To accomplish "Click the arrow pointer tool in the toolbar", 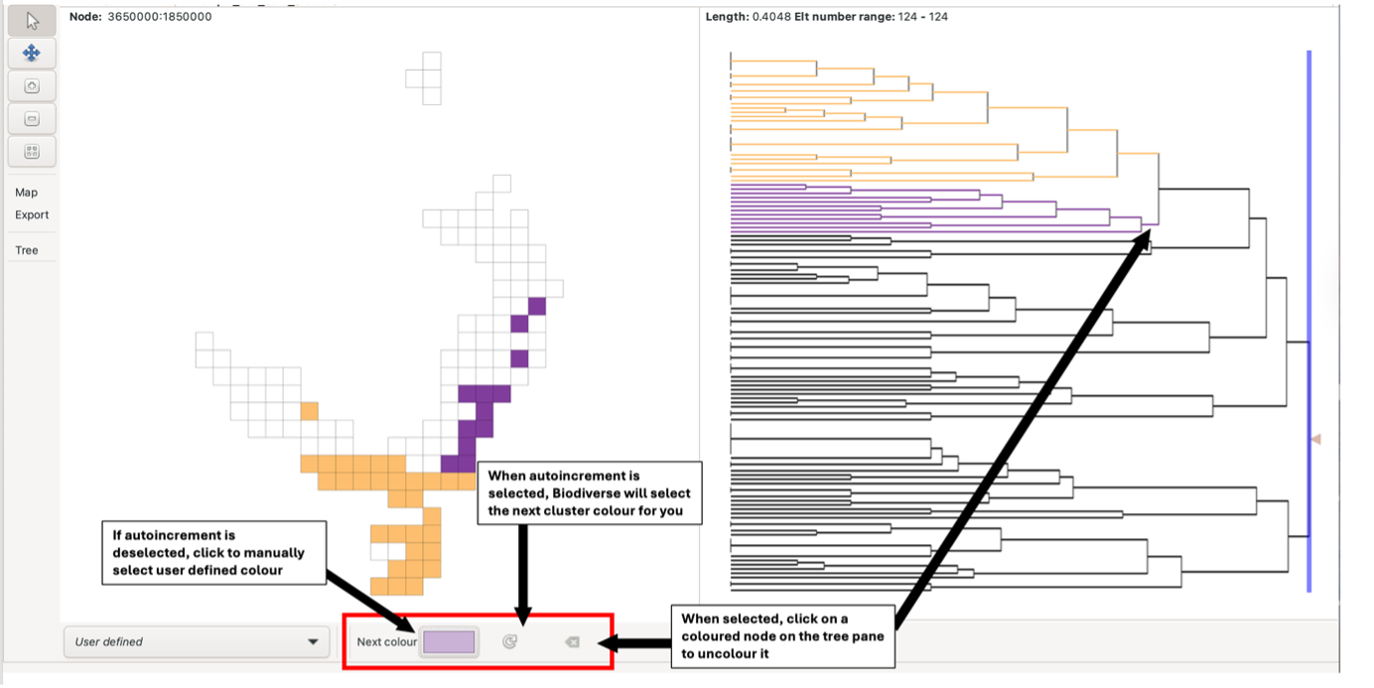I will click(32, 21).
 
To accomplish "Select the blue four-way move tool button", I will click(32, 53).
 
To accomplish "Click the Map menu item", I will click(27, 193).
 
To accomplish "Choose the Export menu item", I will click(32, 214).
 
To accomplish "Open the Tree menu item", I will click(27, 250).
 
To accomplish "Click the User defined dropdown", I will click(197, 641).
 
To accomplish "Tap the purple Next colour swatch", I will click(449, 641).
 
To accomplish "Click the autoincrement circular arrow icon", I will click(510, 642).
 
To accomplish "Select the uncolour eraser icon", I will click(572, 642).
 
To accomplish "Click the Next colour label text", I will click(386, 642).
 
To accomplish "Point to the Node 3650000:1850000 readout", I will click(140, 17).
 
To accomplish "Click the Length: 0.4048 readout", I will click(748, 17).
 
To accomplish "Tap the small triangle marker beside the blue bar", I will click(1316, 439).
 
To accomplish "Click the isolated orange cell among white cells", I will click(309, 411).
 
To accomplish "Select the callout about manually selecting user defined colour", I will click(214, 552).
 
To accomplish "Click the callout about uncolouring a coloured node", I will click(783, 636).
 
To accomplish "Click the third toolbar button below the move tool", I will click(32, 151).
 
